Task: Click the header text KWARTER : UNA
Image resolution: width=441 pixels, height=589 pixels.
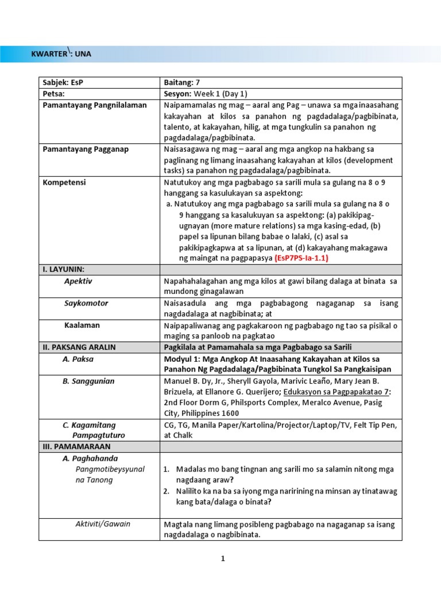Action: tap(61, 54)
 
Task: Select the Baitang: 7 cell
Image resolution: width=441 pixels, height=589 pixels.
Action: tap(182, 83)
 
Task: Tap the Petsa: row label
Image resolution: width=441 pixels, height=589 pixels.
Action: tap(53, 94)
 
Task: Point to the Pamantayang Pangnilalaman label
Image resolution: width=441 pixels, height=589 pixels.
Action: tap(95, 105)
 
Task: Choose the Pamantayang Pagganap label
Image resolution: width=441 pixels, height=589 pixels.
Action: tap(86, 149)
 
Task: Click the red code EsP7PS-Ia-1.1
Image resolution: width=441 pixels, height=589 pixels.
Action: tap(301, 258)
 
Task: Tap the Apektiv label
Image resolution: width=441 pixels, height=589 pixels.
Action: tap(78, 281)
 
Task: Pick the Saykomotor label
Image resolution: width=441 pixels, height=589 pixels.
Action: tap(86, 303)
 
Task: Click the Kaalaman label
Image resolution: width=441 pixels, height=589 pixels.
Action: tap(82, 325)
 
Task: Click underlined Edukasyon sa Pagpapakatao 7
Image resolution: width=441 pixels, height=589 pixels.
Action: tap(346, 392)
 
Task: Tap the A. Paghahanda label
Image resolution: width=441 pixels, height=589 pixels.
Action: tap(90, 458)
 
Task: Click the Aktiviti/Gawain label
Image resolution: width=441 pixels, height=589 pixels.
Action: tap(103, 523)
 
